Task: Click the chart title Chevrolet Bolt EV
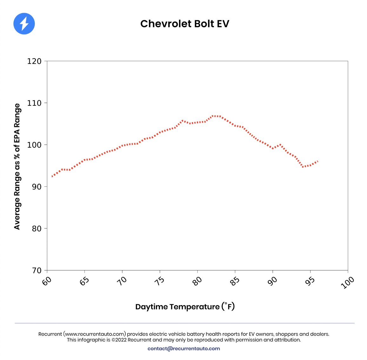pyautogui.click(x=184, y=24)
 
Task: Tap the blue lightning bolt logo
pyautogui.click(x=24, y=24)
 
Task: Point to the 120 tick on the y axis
pyautogui.click(x=34, y=61)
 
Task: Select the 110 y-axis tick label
pyautogui.click(x=34, y=103)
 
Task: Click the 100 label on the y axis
pyautogui.click(x=34, y=145)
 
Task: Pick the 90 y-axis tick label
pyautogui.click(x=37, y=187)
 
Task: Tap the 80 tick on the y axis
pyautogui.click(x=37, y=229)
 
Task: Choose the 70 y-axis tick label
pyautogui.click(x=37, y=270)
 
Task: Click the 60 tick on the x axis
pyautogui.click(x=47, y=281)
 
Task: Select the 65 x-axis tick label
pyautogui.click(x=84, y=281)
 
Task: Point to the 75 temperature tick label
pyautogui.click(x=160, y=281)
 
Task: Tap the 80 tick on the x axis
pyautogui.click(x=197, y=281)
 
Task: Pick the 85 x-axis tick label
pyautogui.click(x=235, y=281)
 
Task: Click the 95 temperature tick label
pyautogui.click(x=310, y=281)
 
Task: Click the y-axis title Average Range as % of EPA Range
pyautogui.click(x=17, y=166)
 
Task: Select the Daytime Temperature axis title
pyautogui.click(x=185, y=307)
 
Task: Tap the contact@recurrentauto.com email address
pyautogui.click(x=183, y=349)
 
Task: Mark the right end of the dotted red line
pyautogui.click(x=317, y=161)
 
